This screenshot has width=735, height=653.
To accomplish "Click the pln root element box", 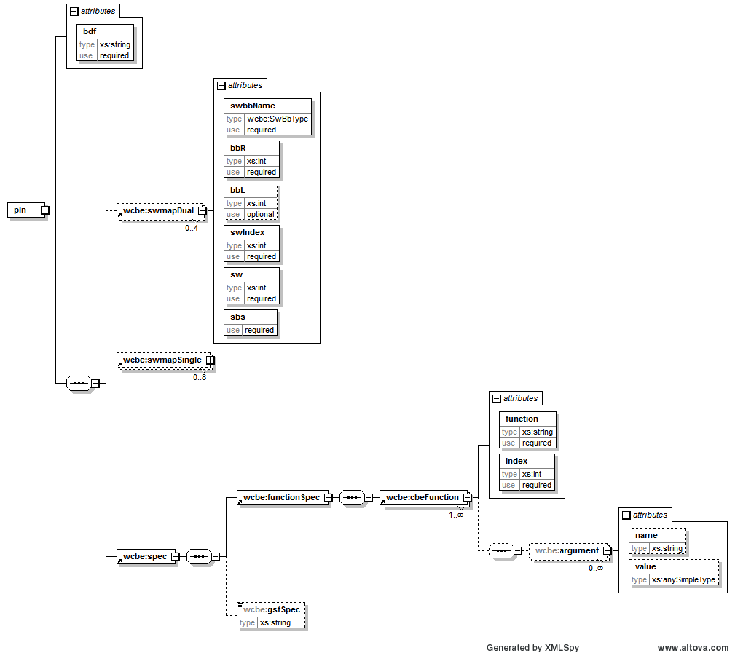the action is click(x=26, y=210).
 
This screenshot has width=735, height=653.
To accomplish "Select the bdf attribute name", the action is click(x=90, y=31).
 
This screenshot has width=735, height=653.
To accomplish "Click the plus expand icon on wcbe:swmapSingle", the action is click(x=211, y=360).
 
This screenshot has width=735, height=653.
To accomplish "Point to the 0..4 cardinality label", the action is click(x=192, y=228).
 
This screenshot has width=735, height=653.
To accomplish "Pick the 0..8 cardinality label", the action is click(x=200, y=377).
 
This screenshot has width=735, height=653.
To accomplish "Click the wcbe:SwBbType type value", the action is click(x=278, y=119).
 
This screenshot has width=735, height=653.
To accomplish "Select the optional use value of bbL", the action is click(x=261, y=215).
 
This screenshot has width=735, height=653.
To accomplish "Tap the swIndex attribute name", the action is click(x=248, y=232).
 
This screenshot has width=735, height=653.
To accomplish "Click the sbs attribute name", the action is click(x=237, y=317).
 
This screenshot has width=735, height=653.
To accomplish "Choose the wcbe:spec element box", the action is click(x=146, y=556).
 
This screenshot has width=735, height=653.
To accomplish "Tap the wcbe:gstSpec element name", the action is click(x=272, y=609).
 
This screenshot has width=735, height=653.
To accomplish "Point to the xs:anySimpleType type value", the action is click(x=683, y=580).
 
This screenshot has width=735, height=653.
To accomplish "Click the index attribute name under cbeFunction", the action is click(x=516, y=461).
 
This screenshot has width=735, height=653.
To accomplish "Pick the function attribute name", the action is click(x=522, y=419).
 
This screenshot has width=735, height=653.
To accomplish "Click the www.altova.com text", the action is click(x=693, y=647).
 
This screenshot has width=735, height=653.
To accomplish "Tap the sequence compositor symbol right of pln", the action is click(x=79, y=383).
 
